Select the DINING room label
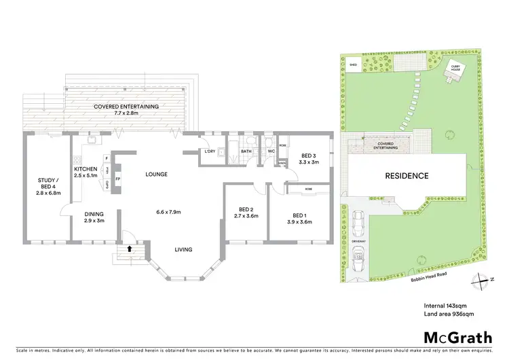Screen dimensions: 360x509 pos(94,216)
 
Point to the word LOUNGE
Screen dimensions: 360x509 pos(156,175)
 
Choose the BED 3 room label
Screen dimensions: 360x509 pos(308,158)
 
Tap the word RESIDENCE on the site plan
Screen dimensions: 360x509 pos(407,176)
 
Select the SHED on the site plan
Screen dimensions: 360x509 pos(353,66)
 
